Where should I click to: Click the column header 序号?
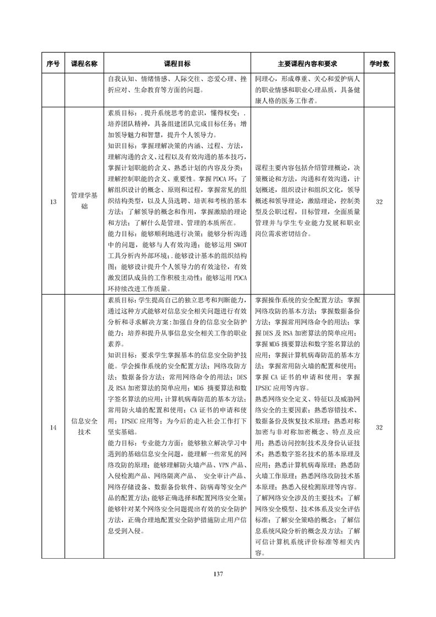tap(53, 64)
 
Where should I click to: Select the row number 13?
tap(53, 202)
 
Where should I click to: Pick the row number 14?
tap(53, 427)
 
